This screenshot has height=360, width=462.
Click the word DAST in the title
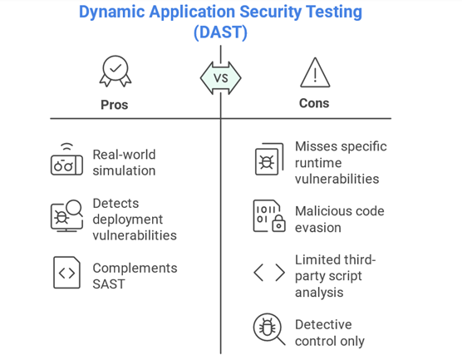[x=220, y=32]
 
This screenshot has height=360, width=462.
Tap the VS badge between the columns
[x=221, y=78]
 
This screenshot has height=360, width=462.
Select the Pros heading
[x=115, y=105]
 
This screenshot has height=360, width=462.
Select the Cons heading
[x=314, y=103]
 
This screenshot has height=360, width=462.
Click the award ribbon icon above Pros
[x=116, y=71]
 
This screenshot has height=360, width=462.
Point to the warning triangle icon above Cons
[x=315, y=72]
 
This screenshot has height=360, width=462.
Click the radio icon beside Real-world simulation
[x=66, y=160]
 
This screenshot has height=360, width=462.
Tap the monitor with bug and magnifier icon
[x=66, y=216]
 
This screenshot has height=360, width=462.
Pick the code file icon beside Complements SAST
[x=66, y=273]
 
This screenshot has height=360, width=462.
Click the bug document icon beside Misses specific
[x=269, y=159]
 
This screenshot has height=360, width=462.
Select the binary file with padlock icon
[x=269, y=216]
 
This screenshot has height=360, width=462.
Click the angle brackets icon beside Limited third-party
[x=269, y=273]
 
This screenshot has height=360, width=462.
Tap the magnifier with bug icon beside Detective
[x=269, y=329]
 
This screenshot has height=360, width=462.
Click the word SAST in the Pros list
[x=109, y=284]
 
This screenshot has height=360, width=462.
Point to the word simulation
[x=124, y=170]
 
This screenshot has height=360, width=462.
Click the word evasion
[x=318, y=228]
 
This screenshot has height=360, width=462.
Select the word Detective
[x=323, y=324]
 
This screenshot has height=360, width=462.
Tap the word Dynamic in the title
[x=112, y=12]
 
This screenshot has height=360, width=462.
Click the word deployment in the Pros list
[x=128, y=219]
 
